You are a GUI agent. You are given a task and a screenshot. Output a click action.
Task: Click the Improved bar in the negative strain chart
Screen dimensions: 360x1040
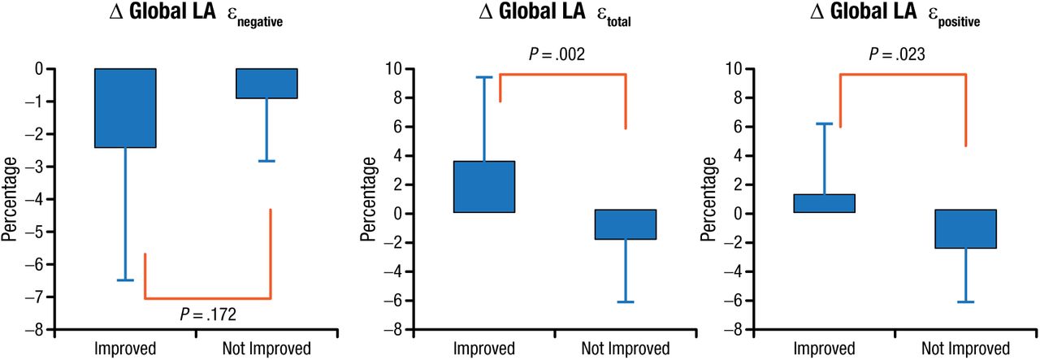[125, 107]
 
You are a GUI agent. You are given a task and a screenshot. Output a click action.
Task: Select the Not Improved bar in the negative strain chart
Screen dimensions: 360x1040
[267, 84]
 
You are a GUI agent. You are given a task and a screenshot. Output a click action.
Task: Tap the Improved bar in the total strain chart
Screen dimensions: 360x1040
[484, 187]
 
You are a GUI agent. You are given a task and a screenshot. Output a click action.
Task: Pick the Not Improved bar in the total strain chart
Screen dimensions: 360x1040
[626, 224]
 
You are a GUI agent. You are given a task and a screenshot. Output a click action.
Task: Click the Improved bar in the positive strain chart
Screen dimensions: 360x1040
[825, 203]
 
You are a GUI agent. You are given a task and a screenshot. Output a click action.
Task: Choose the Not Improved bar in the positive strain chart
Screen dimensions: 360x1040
[966, 228]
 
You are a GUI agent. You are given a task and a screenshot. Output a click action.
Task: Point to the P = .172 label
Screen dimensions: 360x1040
[207, 313]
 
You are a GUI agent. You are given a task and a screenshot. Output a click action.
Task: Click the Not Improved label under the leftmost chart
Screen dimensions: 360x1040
[266, 349]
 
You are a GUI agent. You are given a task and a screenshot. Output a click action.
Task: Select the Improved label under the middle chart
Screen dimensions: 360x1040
[484, 349]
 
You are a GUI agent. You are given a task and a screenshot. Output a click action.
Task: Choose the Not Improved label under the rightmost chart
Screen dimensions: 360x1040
[966, 349]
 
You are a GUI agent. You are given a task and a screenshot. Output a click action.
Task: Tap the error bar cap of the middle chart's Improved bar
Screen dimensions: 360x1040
[484, 77]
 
